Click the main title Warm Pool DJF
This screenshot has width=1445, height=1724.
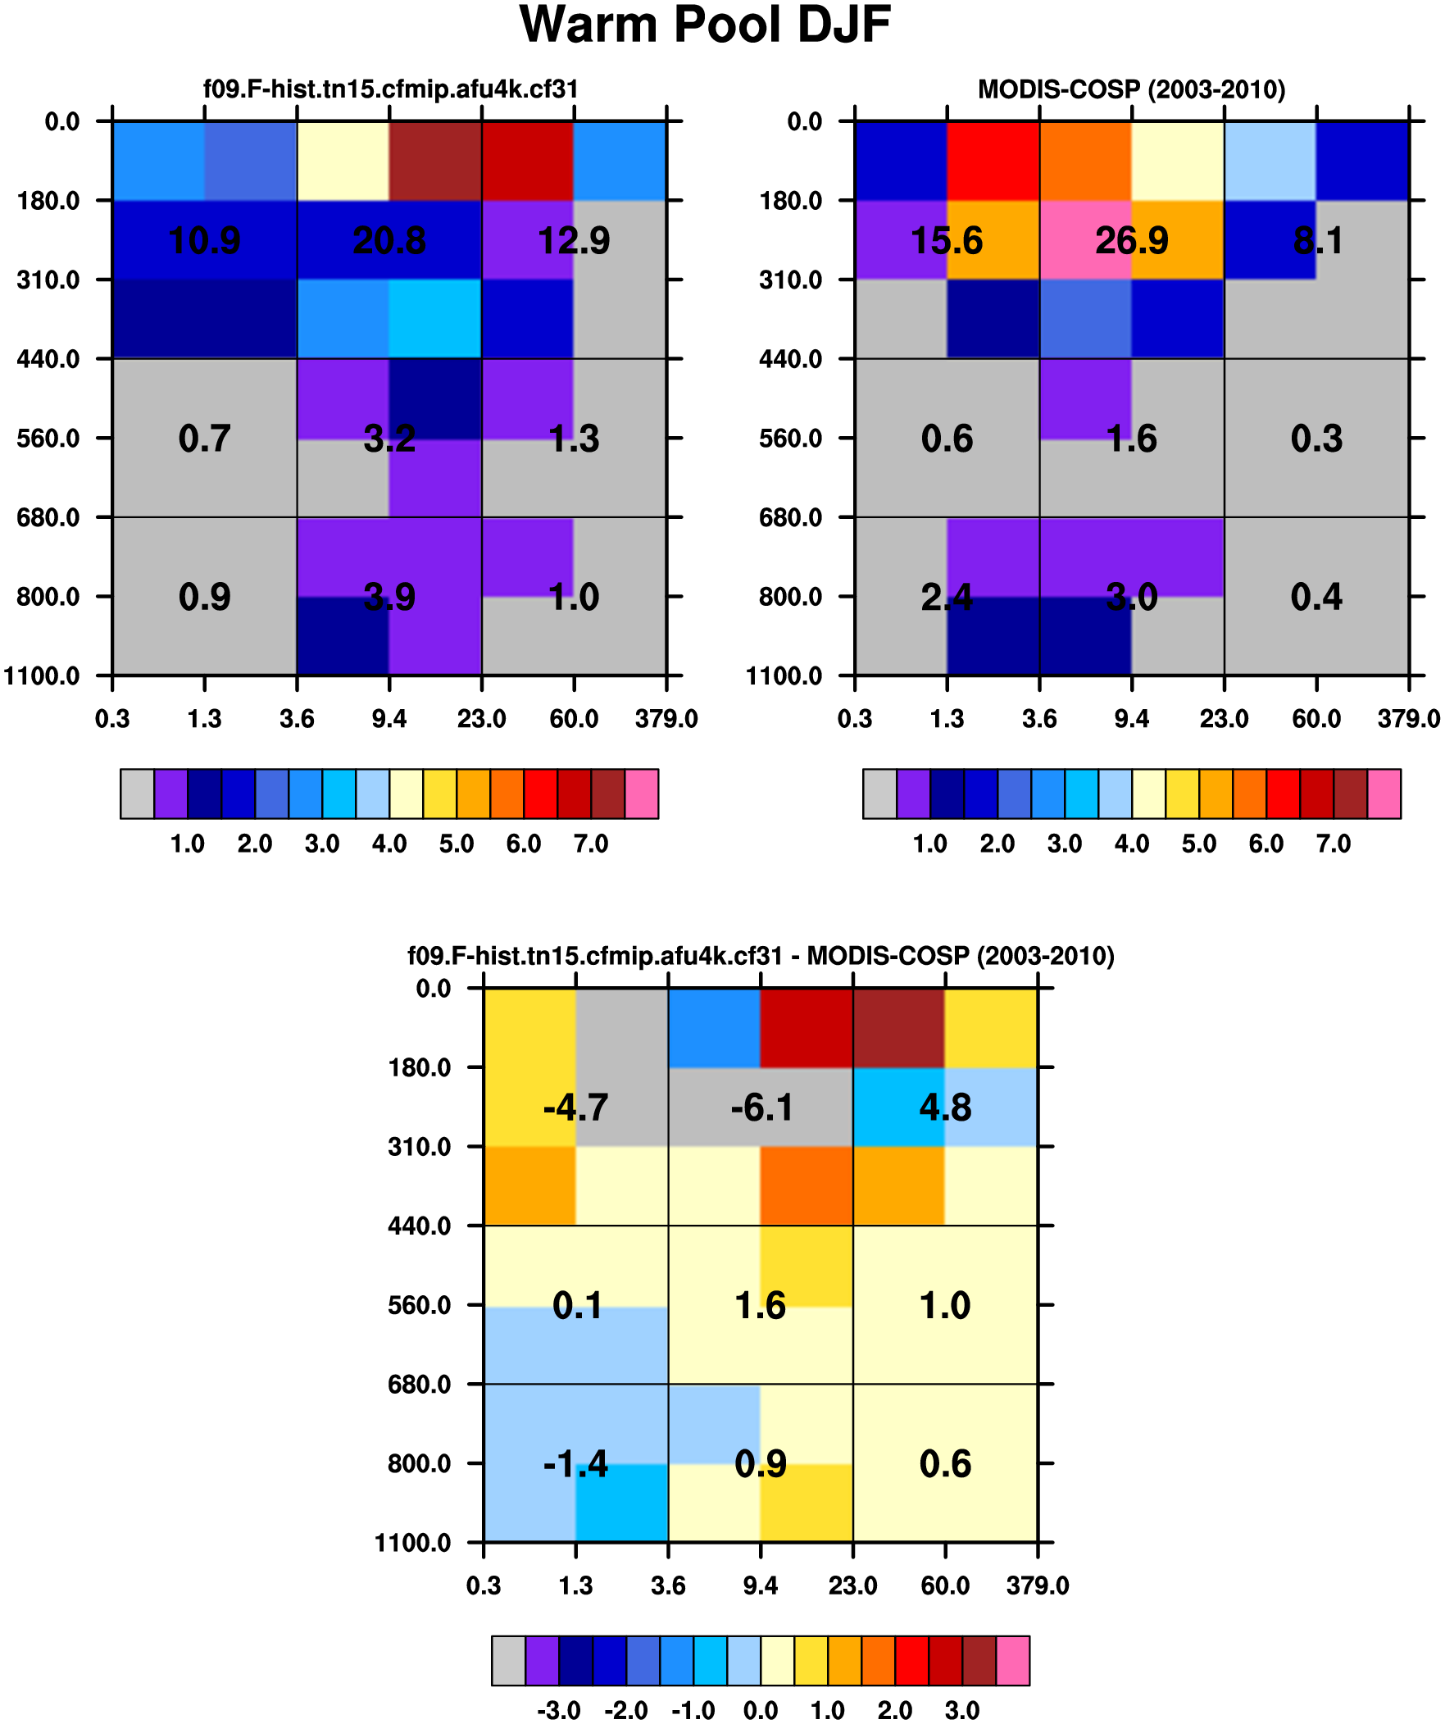click(x=704, y=25)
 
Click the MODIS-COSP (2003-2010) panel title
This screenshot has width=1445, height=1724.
click(x=1130, y=89)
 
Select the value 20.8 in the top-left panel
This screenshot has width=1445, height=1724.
click(x=389, y=240)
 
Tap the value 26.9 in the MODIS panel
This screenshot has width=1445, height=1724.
click(x=1131, y=240)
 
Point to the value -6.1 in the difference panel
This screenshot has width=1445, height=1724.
click(x=761, y=1108)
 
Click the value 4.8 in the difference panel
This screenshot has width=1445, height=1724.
click(x=945, y=1108)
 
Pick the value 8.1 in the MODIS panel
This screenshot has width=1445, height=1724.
click(x=1317, y=240)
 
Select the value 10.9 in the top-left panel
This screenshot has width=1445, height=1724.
click(x=204, y=240)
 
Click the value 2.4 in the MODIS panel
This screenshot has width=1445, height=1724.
click(x=947, y=597)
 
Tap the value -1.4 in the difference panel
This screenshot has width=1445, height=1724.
click(x=575, y=1464)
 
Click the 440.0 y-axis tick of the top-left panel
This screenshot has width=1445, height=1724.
click(x=48, y=359)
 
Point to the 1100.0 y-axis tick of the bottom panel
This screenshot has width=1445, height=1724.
click(x=413, y=1543)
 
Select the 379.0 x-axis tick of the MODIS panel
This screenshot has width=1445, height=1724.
click(x=1408, y=719)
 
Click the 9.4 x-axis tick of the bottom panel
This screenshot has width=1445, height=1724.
click(x=761, y=1586)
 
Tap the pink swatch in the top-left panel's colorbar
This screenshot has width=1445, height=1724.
click(x=641, y=794)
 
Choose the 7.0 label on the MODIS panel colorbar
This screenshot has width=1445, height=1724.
click(x=1334, y=844)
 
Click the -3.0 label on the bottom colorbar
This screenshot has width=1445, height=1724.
click(x=558, y=1711)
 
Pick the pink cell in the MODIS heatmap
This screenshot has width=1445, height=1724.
click(x=1085, y=240)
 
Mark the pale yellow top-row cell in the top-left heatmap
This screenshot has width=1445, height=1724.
click(x=343, y=161)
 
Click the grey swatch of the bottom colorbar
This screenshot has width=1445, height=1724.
click(x=508, y=1661)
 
